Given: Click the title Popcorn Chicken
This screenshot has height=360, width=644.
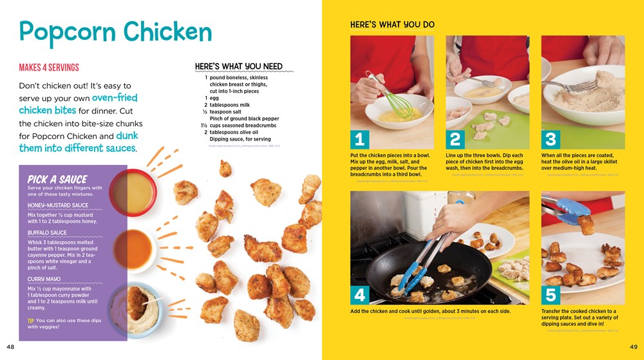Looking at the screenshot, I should (x=115, y=32).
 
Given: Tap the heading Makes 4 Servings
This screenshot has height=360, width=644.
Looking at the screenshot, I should (x=49, y=68).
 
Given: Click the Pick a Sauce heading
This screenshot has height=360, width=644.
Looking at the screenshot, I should (x=57, y=178).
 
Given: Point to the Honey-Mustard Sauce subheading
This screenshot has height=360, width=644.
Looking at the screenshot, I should (x=58, y=205).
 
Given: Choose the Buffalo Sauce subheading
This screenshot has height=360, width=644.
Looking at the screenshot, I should (x=47, y=232).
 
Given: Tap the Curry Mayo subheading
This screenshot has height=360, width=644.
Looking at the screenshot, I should (x=44, y=279).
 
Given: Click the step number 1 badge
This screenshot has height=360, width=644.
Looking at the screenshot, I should (x=361, y=140).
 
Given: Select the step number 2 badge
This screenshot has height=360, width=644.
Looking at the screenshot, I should (x=456, y=140).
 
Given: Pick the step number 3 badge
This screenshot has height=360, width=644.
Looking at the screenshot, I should (x=551, y=140).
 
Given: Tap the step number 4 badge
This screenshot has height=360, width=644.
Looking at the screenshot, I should (x=361, y=295).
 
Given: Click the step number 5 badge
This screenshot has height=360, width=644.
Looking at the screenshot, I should (x=551, y=295).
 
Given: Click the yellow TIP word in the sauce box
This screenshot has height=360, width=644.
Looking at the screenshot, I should (x=30, y=320).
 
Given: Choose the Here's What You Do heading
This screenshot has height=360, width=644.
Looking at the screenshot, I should (x=392, y=25).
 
